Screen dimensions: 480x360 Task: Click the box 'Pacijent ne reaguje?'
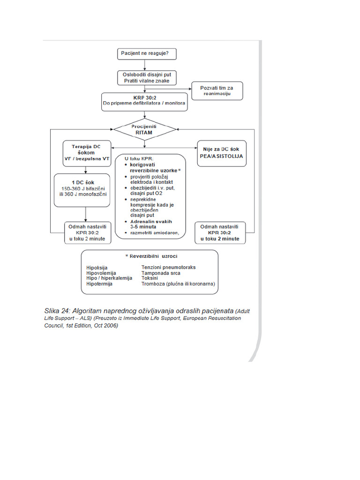(x=146, y=54)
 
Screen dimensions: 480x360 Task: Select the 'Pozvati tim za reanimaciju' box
(x=217, y=90)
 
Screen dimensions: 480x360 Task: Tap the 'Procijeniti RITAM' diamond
(x=145, y=129)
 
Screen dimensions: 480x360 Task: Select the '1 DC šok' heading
(x=85, y=183)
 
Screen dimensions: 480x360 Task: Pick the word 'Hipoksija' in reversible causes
(x=97, y=268)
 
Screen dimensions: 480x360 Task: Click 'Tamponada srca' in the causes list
(x=161, y=273)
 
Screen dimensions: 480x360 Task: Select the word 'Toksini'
(x=150, y=278)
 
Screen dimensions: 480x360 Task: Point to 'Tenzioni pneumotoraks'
(x=168, y=267)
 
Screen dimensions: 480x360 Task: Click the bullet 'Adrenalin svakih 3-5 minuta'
(x=150, y=223)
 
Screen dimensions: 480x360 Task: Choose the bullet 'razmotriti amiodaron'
(x=151, y=232)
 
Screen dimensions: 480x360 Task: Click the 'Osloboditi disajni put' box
(x=147, y=78)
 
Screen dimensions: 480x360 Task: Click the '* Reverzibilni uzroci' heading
(x=149, y=257)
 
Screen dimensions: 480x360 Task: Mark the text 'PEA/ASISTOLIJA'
(x=221, y=156)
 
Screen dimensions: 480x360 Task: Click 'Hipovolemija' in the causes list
(x=101, y=273)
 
